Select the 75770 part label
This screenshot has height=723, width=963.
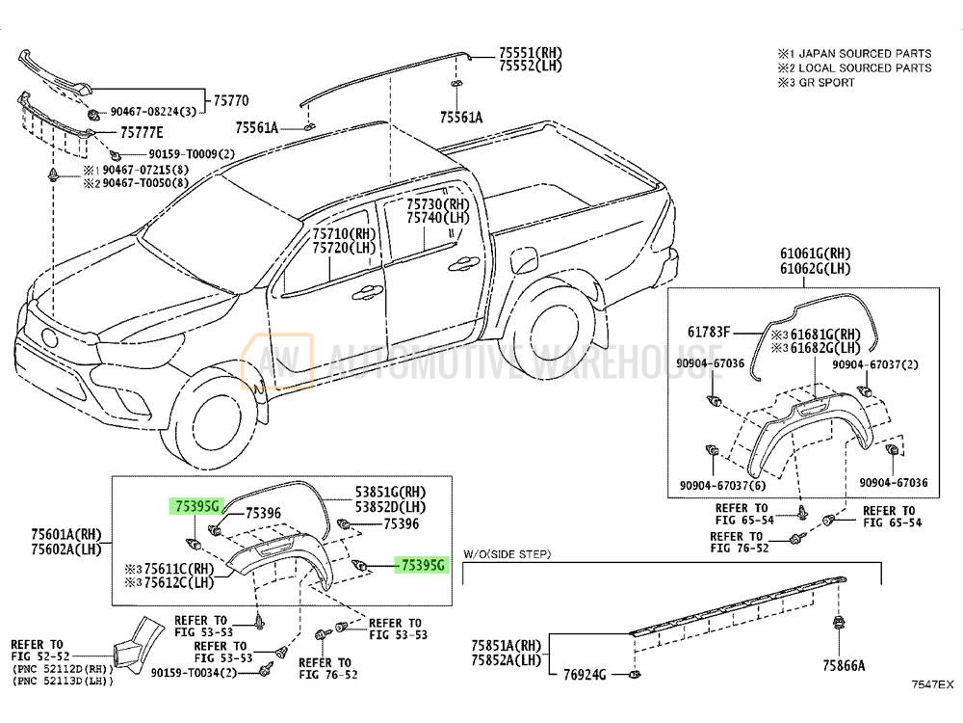[x=231, y=100]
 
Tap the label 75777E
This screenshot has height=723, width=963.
[x=142, y=132]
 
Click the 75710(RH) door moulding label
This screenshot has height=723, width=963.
[x=344, y=234]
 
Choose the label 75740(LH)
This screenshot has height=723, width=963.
[x=437, y=219]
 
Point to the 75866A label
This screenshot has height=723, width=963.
[x=844, y=665]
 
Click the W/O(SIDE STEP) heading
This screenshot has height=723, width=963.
[x=506, y=554]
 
